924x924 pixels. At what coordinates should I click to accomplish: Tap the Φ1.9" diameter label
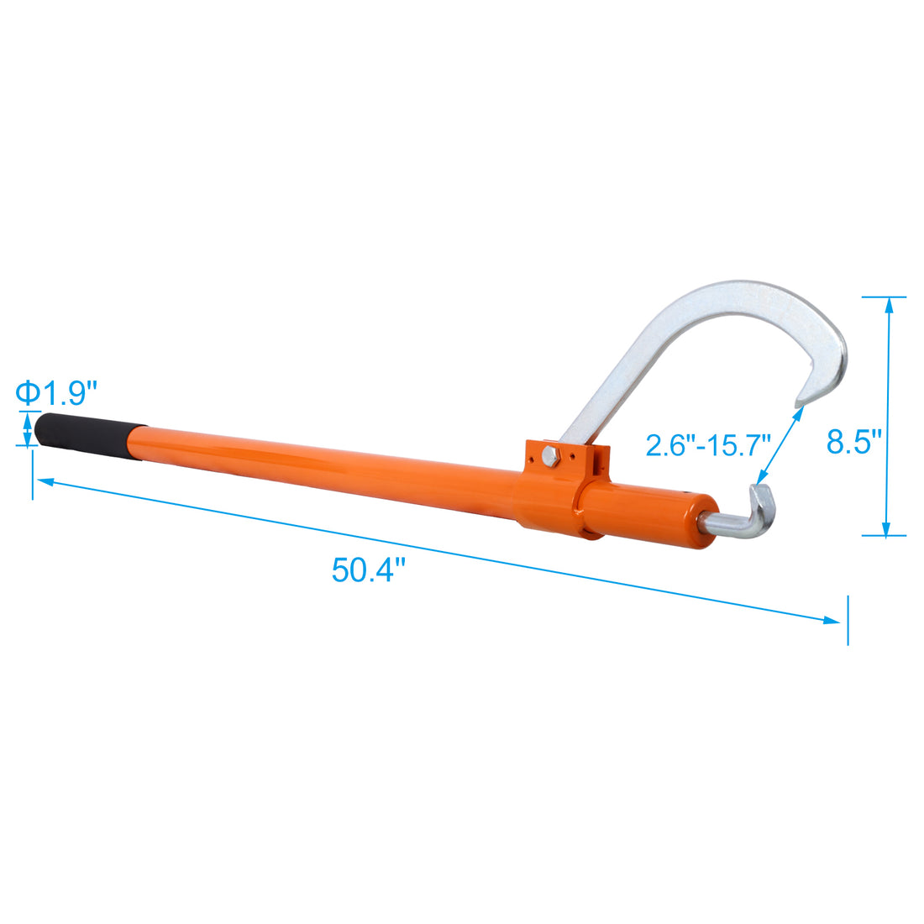(x=56, y=391)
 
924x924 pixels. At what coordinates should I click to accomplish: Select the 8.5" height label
(x=854, y=440)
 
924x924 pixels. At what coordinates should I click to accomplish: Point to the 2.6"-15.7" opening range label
(x=708, y=444)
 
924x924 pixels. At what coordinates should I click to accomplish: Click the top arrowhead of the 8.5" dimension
(x=885, y=303)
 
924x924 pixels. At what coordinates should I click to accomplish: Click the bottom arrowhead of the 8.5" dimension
(x=885, y=528)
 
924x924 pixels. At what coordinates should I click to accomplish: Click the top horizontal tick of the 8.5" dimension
(x=884, y=297)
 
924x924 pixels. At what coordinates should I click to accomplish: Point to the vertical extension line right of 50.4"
(x=848, y=620)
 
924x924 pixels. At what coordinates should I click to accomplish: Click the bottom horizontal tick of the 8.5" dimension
(x=884, y=535)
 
